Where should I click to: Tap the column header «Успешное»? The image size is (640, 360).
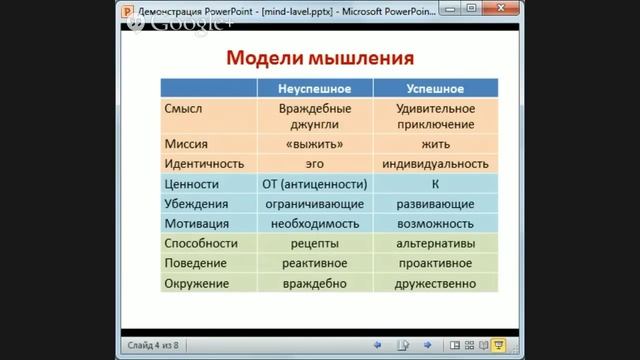[x=435, y=88]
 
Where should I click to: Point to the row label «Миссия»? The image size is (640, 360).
[x=186, y=143]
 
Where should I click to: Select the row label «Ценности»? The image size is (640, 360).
[x=192, y=184]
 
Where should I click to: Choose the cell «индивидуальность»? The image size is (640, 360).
[x=435, y=163]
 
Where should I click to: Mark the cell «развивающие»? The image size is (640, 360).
[x=435, y=204]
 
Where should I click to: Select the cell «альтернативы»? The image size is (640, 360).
[x=435, y=244]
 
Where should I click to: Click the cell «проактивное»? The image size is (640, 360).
[x=435, y=264]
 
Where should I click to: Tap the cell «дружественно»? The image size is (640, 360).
[x=435, y=284]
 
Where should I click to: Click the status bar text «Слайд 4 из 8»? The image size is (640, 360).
[x=152, y=345]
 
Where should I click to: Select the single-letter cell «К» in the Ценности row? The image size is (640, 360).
[x=435, y=184]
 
